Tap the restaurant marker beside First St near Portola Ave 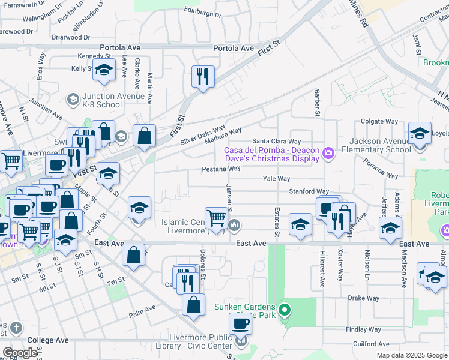coord(203,76)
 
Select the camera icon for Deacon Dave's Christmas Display coord(328,154)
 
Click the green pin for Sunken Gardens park coord(285,311)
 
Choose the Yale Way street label coord(276,179)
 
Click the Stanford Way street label coord(309,191)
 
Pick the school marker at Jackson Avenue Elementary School coord(419,134)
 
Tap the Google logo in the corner coord(20,353)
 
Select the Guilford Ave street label coord(372,344)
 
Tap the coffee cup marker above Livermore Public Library coord(240,324)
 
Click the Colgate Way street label coord(380,121)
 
